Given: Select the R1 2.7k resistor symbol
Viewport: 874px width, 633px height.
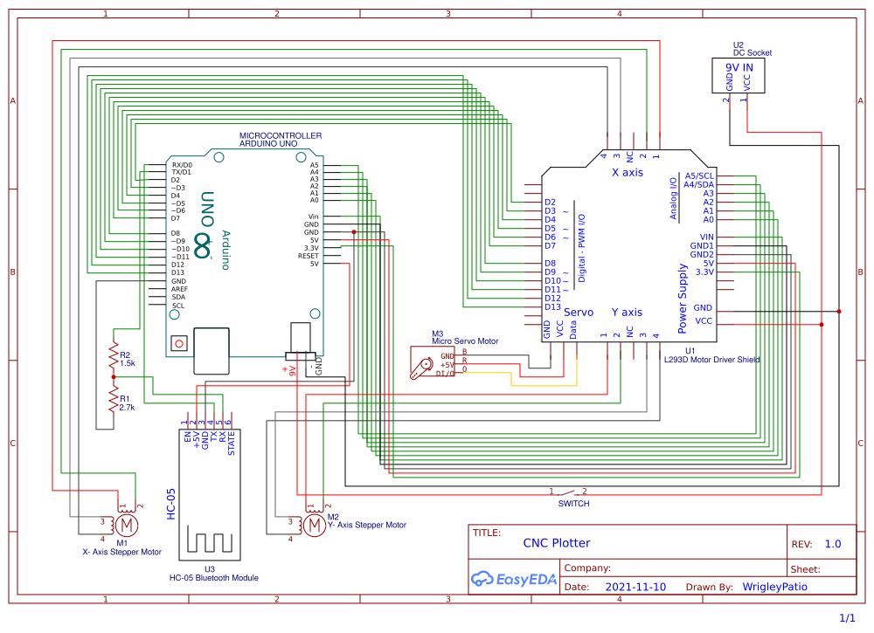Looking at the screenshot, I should pyautogui.click(x=113, y=400).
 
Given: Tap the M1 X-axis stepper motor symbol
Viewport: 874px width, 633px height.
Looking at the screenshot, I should pyautogui.click(x=127, y=525).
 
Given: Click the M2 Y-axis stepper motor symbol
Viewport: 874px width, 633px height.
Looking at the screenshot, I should pyautogui.click(x=313, y=524).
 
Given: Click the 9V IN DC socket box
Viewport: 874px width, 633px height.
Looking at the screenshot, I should pyautogui.click(x=738, y=76).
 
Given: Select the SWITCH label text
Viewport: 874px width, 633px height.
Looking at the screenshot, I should pyautogui.click(x=573, y=504).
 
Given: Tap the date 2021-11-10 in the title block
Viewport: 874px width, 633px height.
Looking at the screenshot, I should pyautogui.click(x=635, y=588).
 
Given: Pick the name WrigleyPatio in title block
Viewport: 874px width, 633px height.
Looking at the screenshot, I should pyautogui.click(x=774, y=588).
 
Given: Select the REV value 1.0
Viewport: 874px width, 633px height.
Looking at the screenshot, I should pyautogui.click(x=832, y=544).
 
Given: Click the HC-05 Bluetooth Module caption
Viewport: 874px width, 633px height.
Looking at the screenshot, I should pyautogui.click(x=213, y=578).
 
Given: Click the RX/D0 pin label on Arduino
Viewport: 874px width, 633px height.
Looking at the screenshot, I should pyautogui.click(x=182, y=164).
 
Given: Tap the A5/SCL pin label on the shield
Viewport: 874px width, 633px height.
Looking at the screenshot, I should pyautogui.click(x=699, y=175).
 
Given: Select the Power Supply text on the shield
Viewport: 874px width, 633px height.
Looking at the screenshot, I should pyautogui.click(x=683, y=299).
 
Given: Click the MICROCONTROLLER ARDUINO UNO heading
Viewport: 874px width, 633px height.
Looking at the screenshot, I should pyautogui.click(x=280, y=140).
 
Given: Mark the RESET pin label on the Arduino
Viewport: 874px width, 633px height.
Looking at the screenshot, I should pyautogui.click(x=309, y=256).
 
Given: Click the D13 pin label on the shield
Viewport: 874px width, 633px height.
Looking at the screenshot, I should pyautogui.click(x=552, y=306).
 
